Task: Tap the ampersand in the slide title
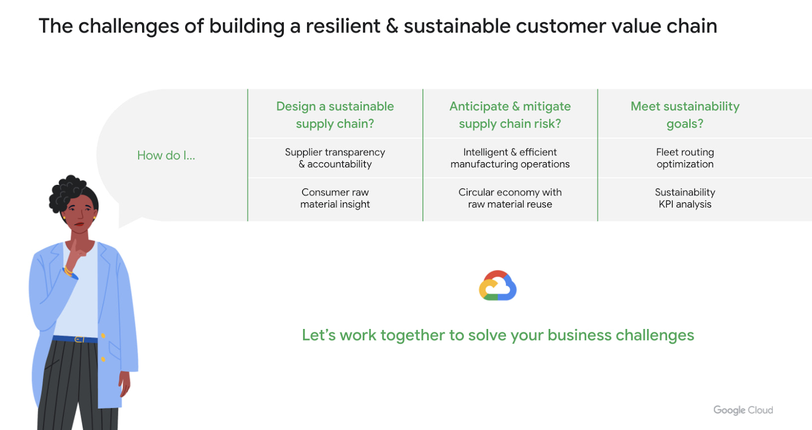(x=392, y=26)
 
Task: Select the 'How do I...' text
(x=166, y=155)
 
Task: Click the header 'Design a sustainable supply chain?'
(x=335, y=115)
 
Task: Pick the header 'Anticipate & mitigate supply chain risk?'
(x=510, y=115)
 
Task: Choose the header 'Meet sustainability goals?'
(x=685, y=115)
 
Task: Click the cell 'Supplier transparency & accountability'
(x=335, y=158)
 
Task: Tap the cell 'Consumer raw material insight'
(x=335, y=198)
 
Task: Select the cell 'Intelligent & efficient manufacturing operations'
(x=510, y=158)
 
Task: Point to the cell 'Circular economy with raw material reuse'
(x=510, y=198)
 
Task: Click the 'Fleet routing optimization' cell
(x=685, y=158)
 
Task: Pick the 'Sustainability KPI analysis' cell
(x=685, y=198)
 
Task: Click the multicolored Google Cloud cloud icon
(x=497, y=286)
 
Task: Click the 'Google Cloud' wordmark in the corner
(x=743, y=410)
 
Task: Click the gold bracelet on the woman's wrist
(x=68, y=271)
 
